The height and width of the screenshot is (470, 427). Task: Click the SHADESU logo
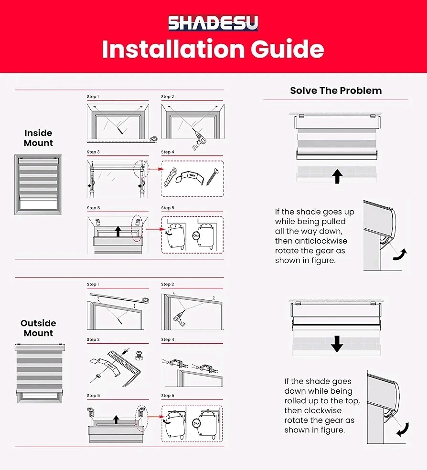tap(213, 23)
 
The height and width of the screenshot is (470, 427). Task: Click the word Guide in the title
tap(288, 49)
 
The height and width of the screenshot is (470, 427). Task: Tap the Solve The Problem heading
tap(336, 91)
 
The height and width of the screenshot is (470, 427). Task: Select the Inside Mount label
tap(38, 138)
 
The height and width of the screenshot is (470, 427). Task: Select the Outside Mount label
tap(38, 328)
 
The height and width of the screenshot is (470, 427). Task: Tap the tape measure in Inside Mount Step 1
tap(154, 139)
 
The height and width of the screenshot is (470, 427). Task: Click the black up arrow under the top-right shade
tap(338, 176)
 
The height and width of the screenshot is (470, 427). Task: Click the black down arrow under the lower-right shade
tap(337, 344)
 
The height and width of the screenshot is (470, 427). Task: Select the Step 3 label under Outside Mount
tap(93, 339)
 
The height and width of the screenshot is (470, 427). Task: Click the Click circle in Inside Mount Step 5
tap(196, 236)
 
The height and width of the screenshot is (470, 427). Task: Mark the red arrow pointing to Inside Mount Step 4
tap(156, 169)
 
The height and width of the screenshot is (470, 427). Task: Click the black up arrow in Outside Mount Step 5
tap(116, 419)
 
